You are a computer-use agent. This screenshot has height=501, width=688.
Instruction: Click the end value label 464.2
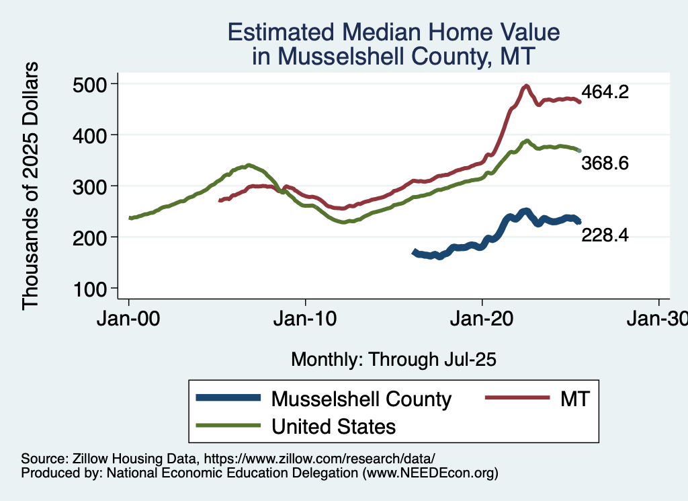point(605,92)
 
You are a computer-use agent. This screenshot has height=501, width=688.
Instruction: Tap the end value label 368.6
point(605,163)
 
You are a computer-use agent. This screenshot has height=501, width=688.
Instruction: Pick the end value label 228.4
point(605,235)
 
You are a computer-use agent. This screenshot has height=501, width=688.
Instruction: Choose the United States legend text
point(333,426)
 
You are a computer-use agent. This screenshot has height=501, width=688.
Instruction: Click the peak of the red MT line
point(526,86)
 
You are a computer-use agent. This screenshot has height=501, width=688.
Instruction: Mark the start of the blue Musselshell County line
point(415,252)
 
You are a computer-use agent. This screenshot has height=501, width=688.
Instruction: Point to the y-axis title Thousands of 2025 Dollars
point(31,186)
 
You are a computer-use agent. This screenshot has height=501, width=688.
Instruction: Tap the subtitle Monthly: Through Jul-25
point(393,359)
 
